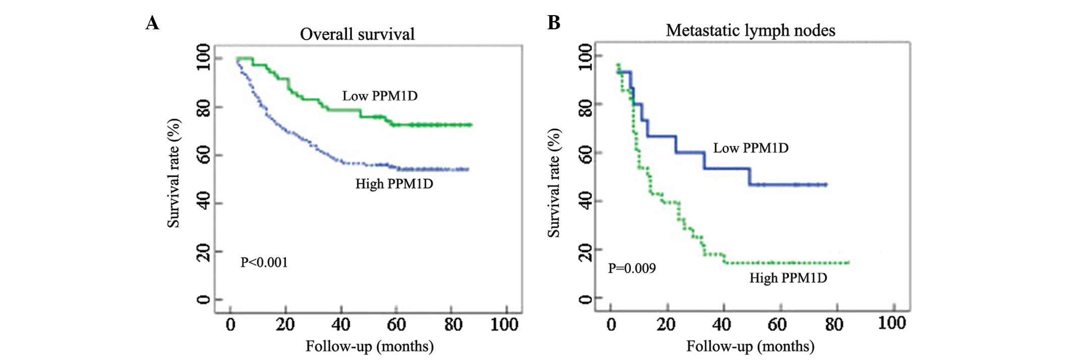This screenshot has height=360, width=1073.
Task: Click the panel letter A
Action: pyautogui.click(x=152, y=23)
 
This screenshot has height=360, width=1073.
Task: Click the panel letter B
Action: pyautogui.click(x=554, y=23)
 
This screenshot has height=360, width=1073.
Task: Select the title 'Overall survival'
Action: pyautogui.click(x=357, y=34)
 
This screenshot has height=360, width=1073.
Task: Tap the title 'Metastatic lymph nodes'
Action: pyautogui.click(x=750, y=31)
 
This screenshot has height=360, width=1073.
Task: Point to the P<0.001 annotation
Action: pyautogui.click(x=264, y=263)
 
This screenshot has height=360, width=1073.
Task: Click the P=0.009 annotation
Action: pyautogui.click(x=631, y=268)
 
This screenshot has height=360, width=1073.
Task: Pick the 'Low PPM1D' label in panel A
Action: pyautogui.click(x=380, y=96)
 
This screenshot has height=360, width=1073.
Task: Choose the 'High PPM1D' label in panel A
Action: pyautogui.click(x=394, y=184)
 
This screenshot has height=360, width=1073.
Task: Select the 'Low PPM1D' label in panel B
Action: pyautogui.click(x=750, y=148)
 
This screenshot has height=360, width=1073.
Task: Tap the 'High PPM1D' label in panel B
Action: pyautogui.click(x=788, y=278)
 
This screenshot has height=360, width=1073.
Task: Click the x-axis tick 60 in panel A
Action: pyautogui.click(x=396, y=324)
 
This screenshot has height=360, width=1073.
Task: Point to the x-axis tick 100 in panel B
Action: pyautogui.click(x=892, y=323)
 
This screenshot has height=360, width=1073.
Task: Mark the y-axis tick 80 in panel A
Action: pyautogui.click(x=203, y=107)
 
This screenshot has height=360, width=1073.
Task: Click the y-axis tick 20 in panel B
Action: pyautogui.click(x=585, y=250)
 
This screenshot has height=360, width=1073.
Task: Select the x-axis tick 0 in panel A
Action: pyautogui.click(x=231, y=324)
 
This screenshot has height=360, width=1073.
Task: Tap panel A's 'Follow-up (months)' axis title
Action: pyautogui.click(x=369, y=346)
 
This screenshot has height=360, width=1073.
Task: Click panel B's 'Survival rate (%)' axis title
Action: pyautogui.click(x=554, y=183)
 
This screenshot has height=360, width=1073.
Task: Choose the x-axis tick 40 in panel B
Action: pyautogui.click(x=722, y=324)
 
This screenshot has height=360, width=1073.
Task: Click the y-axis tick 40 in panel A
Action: pyautogui.click(x=203, y=203)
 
